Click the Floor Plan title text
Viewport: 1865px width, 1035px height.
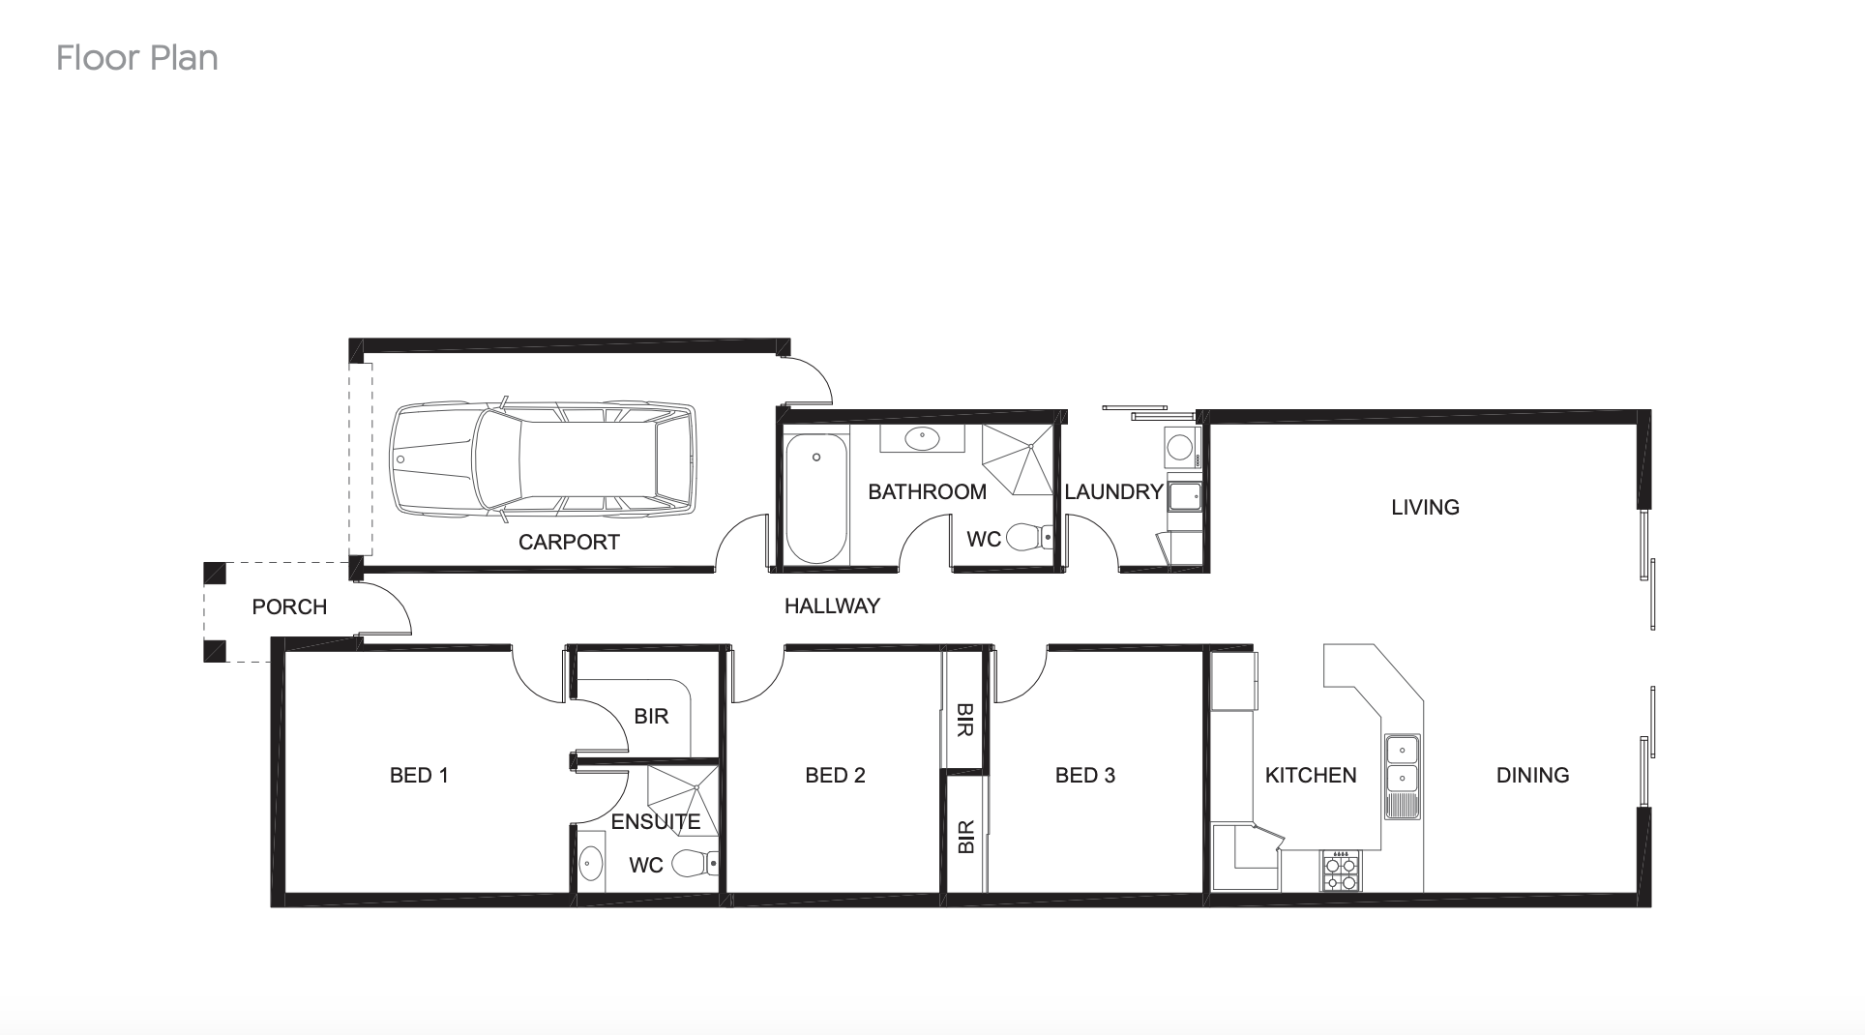137,58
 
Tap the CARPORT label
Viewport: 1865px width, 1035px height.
569,542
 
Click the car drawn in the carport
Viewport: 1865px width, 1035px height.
543,459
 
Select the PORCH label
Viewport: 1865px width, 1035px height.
289,606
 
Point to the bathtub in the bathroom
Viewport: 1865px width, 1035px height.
815,498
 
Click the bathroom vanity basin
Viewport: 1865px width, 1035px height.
922,439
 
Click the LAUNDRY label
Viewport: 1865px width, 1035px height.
1113,491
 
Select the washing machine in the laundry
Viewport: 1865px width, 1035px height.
1180,448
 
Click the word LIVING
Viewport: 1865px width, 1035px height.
1425,507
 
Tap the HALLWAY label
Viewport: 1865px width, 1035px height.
832,606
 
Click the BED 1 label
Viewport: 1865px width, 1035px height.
419,775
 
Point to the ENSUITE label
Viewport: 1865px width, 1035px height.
655,821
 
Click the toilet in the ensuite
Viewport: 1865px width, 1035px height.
695,863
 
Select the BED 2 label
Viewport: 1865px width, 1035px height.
835,775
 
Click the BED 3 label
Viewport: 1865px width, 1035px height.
1084,775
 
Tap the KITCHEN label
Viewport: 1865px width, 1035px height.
1311,775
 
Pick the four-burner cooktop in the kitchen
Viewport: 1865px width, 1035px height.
1341,872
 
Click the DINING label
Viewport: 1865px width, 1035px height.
1532,775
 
